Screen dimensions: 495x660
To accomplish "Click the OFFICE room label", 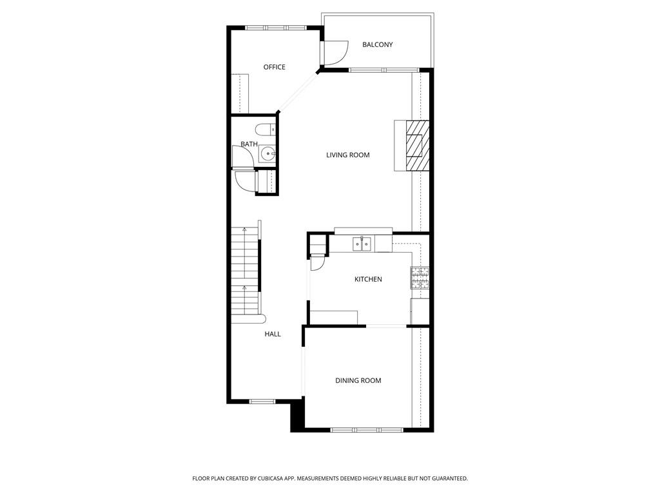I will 274,67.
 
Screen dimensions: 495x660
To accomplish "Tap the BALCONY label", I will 377,44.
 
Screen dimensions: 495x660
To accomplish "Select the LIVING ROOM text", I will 347,155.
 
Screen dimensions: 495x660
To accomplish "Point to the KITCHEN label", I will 368,279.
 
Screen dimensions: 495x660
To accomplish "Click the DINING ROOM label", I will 358,380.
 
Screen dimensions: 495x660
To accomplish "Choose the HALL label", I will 273,334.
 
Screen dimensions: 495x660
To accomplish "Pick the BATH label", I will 249,144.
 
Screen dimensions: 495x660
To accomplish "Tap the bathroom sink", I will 267,154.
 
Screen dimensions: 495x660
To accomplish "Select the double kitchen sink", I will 362,244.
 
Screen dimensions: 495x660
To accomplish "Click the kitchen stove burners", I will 420,278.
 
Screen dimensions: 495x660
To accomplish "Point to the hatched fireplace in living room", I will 416,146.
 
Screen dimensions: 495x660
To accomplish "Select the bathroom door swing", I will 244,157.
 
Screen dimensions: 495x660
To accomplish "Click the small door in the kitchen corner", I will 317,262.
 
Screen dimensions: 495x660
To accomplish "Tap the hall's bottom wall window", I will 262,402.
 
